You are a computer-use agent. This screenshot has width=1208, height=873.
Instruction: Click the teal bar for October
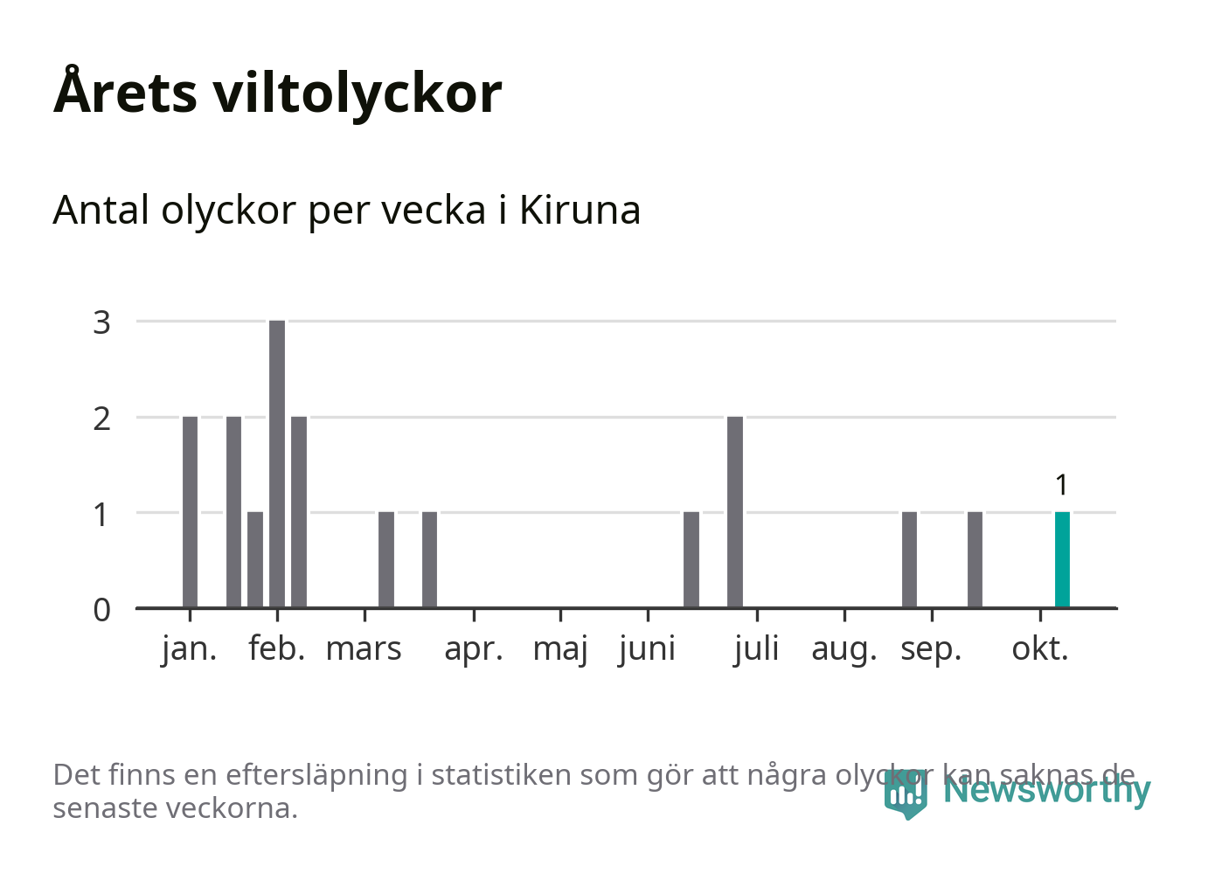[x=1062, y=559]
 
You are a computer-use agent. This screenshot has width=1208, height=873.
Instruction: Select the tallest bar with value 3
[x=277, y=463]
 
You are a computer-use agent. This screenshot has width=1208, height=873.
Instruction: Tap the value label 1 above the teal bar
[x=1062, y=485]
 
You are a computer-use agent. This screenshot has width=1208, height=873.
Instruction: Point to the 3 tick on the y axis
[x=102, y=322]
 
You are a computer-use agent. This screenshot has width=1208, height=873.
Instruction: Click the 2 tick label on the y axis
[x=102, y=419]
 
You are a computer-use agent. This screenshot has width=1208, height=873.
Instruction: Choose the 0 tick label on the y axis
[x=102, y=609]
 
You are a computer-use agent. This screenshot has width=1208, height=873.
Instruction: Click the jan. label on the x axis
[x=190, y=649]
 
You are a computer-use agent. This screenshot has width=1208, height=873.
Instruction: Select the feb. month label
[x=277, y=649]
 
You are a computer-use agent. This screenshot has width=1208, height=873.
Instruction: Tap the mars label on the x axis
[x=364, y=649]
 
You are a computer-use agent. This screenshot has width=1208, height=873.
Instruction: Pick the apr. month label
[x=474, y=649]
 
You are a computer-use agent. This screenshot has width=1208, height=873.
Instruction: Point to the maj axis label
[x=560, y=649]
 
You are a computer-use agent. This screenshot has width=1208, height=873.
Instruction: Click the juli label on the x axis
[x=756, y=649]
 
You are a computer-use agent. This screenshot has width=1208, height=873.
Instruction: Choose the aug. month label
[x=844, y=649]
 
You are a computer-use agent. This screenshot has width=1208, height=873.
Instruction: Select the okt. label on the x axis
[x=1040, y=649]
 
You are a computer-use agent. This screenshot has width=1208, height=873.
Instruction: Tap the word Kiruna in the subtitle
[x=580, y=211]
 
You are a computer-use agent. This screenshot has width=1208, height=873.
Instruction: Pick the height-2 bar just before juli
[x=735, y=511]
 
